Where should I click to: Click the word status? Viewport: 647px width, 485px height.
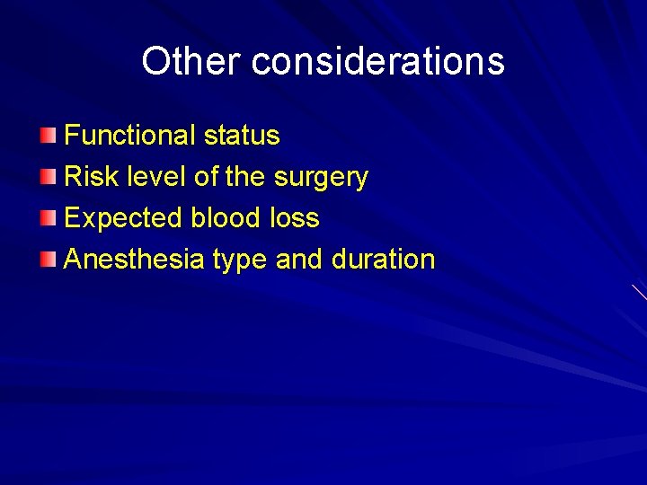point(242,136)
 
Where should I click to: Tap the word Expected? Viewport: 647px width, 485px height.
point(123,218)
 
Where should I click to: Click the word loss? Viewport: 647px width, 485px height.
point(295,218)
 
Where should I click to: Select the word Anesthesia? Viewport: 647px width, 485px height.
point(135,260)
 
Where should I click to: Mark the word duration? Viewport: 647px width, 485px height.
point(383,260)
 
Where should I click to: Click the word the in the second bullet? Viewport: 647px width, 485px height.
point(244,177)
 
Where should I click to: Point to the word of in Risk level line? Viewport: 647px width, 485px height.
point(205,177)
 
